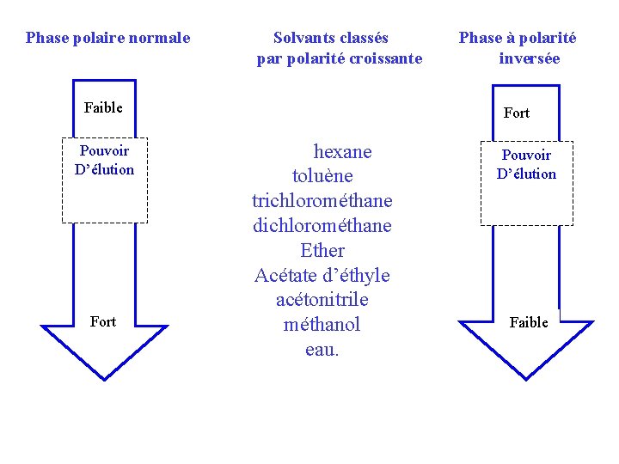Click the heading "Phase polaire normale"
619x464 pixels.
107,38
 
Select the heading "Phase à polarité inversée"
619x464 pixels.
518,48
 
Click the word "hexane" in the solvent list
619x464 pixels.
342,152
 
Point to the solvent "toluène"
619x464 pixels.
322,177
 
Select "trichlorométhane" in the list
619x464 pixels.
322,201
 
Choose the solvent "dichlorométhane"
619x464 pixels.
322,226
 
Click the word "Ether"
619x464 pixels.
322,251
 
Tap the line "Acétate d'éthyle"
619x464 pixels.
322,276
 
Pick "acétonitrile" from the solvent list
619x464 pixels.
322,300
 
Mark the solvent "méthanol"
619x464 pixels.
322,325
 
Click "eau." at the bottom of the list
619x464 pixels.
322,350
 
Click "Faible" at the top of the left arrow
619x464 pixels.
103,107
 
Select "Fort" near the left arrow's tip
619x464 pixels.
103,321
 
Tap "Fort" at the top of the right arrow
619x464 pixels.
517,113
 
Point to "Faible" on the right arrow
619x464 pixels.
529,322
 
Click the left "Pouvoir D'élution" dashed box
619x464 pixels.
105,180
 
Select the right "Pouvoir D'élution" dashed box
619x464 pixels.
526,182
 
